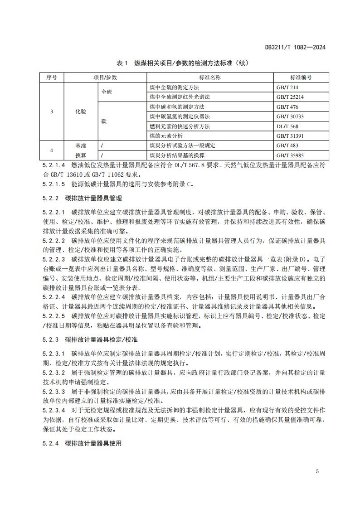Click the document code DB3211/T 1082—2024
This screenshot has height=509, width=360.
click(295, 47)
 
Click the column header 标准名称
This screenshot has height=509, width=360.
click(209, 78)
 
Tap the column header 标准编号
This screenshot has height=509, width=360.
click(301, 78)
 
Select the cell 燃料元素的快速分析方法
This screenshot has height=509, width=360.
click(180, 126)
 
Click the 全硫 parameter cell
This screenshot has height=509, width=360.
click(107, 92)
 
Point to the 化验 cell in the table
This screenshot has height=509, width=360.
click(81, 111)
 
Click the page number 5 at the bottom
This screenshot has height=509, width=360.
click(317, 471)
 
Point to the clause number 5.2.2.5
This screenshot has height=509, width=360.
click(54, 315)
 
